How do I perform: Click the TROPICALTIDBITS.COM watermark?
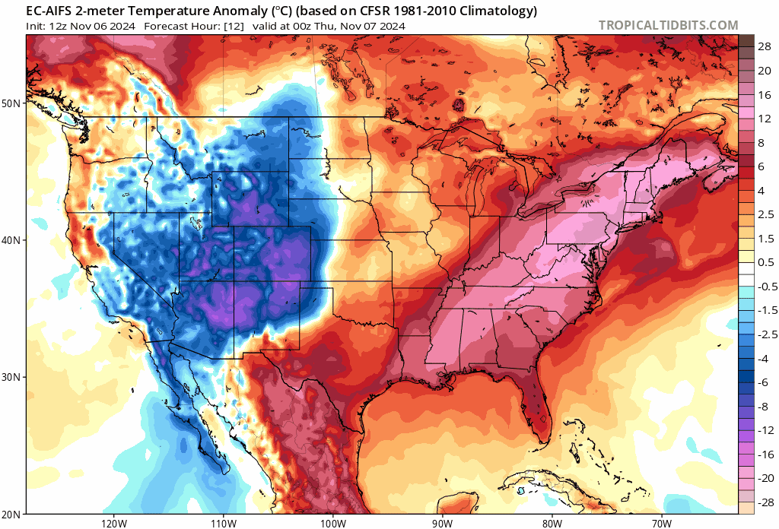[x=668, y=25]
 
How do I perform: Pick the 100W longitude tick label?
[x=332, y=522]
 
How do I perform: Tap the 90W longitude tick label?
[x=442, y=522]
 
